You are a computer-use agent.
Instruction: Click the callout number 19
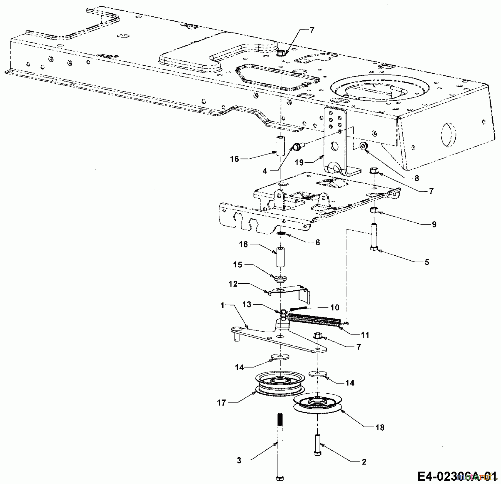(299, 162)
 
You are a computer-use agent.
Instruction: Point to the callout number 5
(427, 262)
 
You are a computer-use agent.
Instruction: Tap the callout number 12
(233, 284)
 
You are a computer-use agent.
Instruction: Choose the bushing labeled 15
(280, 278)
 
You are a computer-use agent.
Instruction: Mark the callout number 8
(416, 178)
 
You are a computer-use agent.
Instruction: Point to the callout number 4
(265, 171)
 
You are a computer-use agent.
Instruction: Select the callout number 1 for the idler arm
(222, 305)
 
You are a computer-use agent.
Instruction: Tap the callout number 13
(247, 304)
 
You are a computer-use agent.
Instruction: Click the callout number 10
(335, 307)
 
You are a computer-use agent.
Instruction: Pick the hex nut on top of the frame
(281, 53)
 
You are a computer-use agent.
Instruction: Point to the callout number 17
(221, 402)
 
